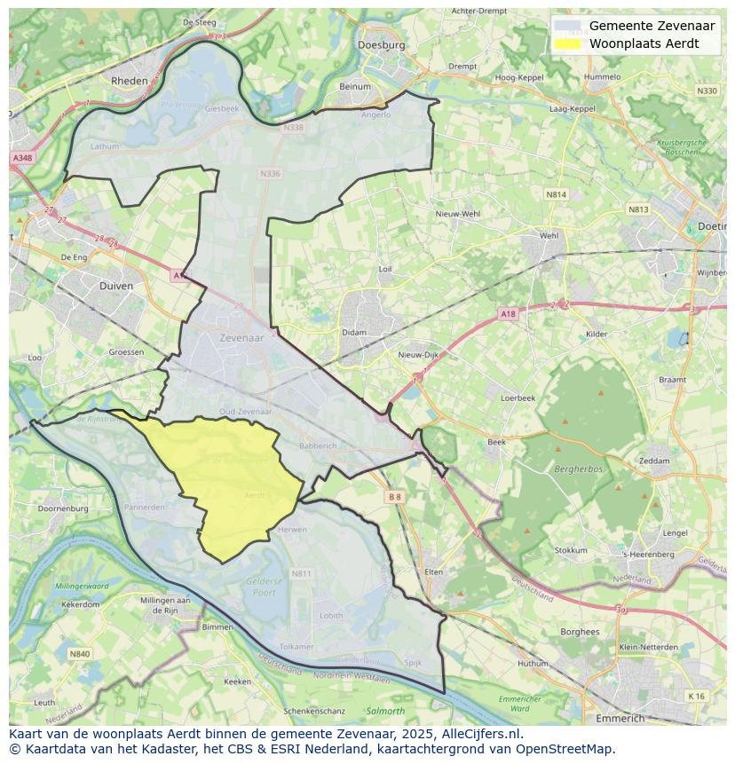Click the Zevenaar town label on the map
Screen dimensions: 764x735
pyautogui.click(x=241, y=337)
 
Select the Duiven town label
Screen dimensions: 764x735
pyautogui.click(x=116, y=286)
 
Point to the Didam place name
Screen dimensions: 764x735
pyautogui.click(x=353, y=333)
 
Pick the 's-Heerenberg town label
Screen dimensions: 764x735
pyautogui.click(x=649, y=555)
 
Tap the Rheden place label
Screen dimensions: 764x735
pyautogui.click(x=129, y=80)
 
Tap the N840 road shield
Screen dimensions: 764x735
pyautogui.click(x=79, y=654)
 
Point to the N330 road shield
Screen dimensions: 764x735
pyautogui.click(x=707, y=91)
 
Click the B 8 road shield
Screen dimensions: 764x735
pyautogui.click(x=395, y=498)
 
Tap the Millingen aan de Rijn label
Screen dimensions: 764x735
pyautogui.click(x=159, y=605)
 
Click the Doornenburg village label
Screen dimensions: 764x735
pyautogui.click(x=63, y=508)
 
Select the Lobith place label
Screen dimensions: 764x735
pyautogui.click(x=331, y=615)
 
